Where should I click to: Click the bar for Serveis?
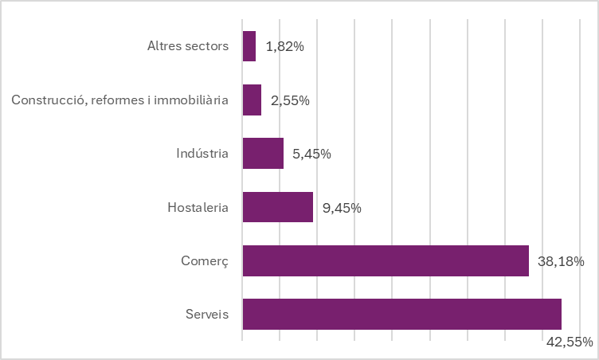tap(401, 314)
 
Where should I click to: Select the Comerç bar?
tap(386, 260)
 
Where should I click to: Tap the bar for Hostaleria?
tap(277, 207)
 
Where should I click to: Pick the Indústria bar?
tap(263, 154)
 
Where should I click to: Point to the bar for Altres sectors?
tap(249, 46)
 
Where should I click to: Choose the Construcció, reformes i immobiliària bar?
tap(252, 100)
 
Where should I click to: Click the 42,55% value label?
tap(569, 342)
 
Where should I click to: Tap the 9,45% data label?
tap(342, 208)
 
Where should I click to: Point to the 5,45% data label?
tap(312, 155)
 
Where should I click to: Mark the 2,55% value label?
tap(290, 101)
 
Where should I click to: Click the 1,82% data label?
tap(284, 47)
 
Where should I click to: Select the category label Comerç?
tap(206, 261)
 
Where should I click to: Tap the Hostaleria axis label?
tap(198, 208)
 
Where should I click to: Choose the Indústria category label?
tap(202, 154)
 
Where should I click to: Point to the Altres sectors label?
tap(188, 46)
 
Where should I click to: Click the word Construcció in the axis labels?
tap(48, 100)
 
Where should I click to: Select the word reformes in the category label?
tap(118, 100)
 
